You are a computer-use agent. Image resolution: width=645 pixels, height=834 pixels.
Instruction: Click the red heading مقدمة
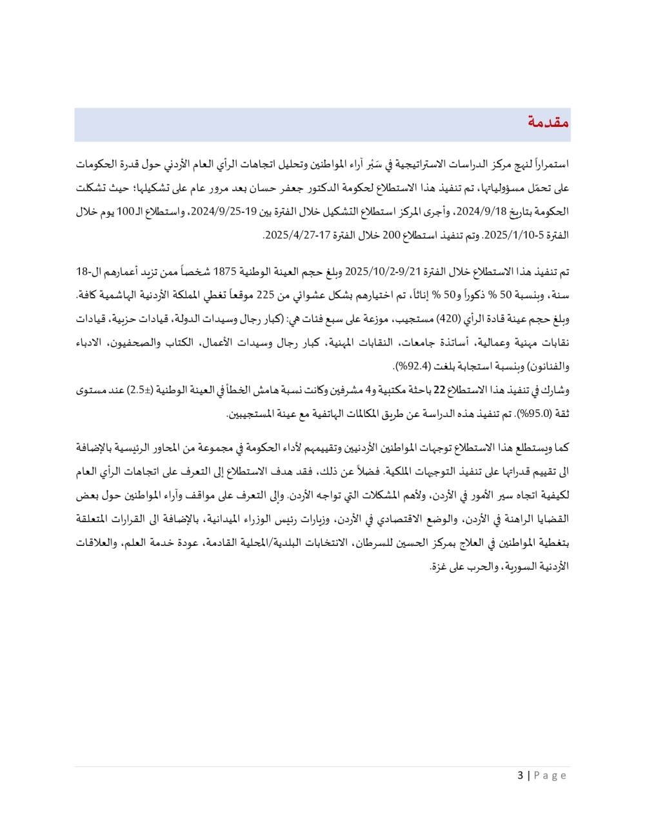548,122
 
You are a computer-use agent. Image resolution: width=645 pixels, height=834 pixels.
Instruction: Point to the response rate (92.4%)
410,366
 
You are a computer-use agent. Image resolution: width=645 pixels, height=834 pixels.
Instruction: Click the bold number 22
439,390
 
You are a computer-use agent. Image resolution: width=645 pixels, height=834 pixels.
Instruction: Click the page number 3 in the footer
520,775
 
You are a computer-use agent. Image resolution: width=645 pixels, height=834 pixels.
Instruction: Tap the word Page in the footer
550,775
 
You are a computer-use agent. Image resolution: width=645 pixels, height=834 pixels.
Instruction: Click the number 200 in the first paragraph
392,235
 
